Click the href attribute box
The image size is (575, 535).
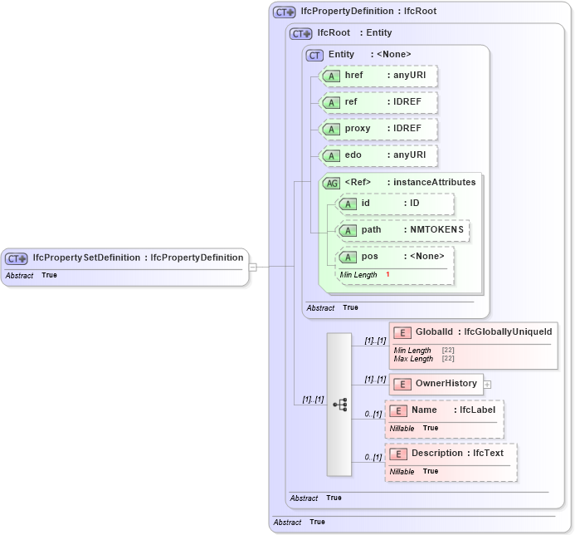pos(378,76)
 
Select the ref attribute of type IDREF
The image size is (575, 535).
pos(378,102)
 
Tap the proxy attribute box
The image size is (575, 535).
pos(378,129)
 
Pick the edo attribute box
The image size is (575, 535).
pos(378,155)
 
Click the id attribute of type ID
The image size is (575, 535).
pos(396,204)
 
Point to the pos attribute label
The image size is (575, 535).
pos(369,257)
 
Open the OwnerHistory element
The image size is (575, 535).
pos(446,384)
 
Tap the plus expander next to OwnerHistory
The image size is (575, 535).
pos(488,384)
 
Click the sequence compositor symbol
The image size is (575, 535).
pos(339,404)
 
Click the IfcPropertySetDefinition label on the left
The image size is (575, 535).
pos(86,258)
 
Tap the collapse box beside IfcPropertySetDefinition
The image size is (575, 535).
pos(253,267)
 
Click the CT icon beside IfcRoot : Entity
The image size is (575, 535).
pos(300,34)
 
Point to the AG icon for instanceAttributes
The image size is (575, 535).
pos(331,183)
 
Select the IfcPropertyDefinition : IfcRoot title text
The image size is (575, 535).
pos(357,12)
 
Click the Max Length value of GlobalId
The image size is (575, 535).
pos(447,359)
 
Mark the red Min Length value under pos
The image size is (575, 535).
pos(387,275)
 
